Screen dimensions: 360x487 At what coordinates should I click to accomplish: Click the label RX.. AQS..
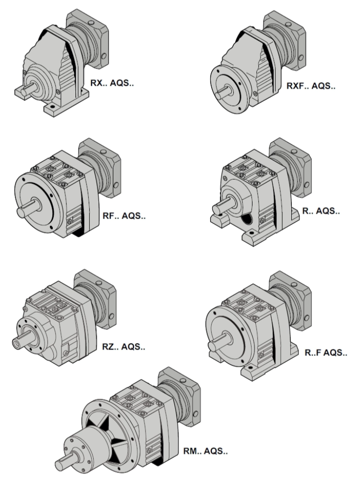point(112,83)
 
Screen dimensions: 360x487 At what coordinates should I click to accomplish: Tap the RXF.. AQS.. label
point(311,85)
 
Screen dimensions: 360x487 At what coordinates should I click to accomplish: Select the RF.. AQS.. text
point(124,216)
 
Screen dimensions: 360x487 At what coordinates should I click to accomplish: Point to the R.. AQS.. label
point(321,211)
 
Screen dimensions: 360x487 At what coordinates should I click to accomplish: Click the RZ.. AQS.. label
point(124,347)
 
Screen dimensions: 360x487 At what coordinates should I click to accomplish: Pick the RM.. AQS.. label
point(205,451)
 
